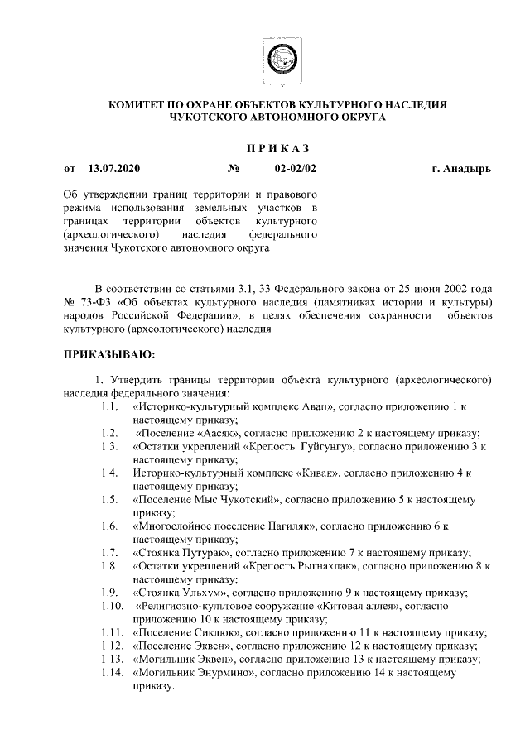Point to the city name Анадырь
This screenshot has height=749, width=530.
(467, 170)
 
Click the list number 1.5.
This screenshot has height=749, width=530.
(107, 500)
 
